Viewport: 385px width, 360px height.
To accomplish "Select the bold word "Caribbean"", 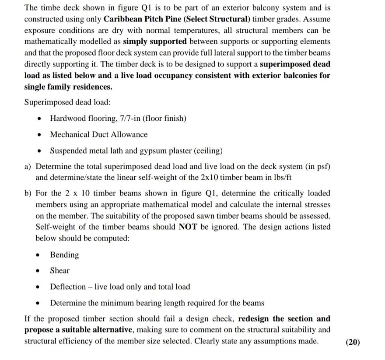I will (x=122, y=20).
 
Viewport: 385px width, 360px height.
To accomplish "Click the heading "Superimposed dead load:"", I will (x=67, y=102).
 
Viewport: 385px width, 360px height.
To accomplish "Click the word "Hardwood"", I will (x=67, y=118).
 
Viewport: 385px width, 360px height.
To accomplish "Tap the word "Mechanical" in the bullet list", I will (x=69, y=134).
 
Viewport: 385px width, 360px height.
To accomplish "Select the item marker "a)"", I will (x=28, y=167).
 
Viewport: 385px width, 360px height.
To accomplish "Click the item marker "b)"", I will (x=28, y=193).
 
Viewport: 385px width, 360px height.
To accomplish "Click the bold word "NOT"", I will (x=189, y=227).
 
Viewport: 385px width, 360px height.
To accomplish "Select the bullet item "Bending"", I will (x=64, y=255).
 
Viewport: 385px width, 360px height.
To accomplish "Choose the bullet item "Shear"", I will (x=59, y=270).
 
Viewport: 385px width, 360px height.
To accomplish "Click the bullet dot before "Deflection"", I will (x=40, y=287).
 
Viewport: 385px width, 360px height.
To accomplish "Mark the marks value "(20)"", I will (x=353, y=342).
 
